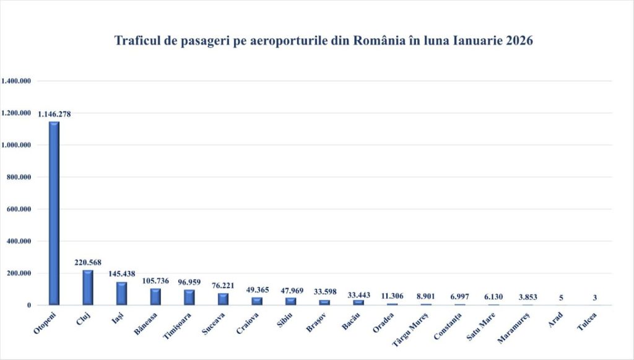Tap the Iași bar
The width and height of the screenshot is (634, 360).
coord(121,294)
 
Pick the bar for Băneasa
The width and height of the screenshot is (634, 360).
coord(155,297)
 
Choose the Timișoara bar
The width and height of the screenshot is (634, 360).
coord(189,297)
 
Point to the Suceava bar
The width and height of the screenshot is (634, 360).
coord(222,299)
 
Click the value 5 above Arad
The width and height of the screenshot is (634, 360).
coord(561,298)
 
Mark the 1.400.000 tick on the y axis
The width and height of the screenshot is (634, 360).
coord(17,81)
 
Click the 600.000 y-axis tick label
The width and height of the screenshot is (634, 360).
coord(19,209)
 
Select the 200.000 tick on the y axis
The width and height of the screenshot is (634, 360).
coord(19,273)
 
